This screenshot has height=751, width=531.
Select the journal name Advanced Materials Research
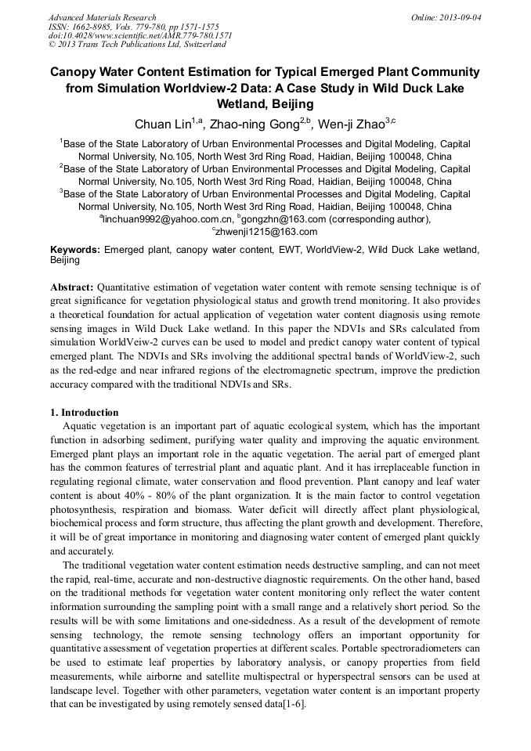tap(102, 16)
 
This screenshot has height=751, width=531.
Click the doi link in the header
tap(140, 35)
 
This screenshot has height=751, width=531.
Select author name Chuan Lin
tap(163, 124)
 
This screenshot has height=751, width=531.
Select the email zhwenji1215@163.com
tap(267, 232)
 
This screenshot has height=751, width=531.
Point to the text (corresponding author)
tap(379, 219)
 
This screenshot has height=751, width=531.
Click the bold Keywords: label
tap(75, 249)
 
